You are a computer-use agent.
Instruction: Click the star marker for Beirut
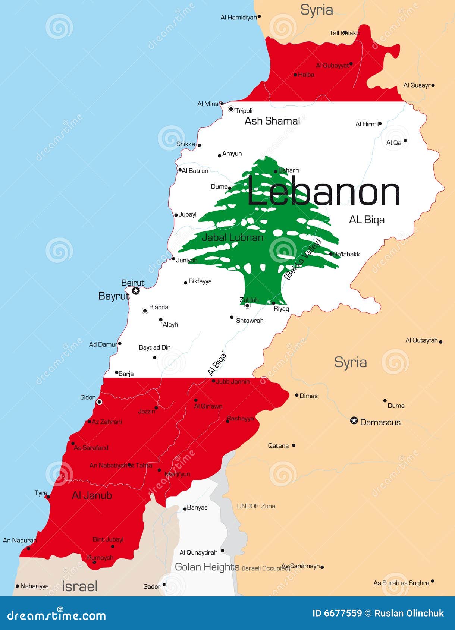(136, 290)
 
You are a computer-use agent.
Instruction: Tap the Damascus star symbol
(354, 421)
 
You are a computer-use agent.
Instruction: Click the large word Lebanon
(323, 192)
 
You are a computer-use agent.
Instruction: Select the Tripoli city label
(244, 111)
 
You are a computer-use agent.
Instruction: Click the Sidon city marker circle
(99, 402)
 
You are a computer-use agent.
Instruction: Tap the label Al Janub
(92, 495)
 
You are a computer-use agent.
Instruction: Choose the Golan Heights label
(207, 567)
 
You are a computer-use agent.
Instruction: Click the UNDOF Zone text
(256, 506)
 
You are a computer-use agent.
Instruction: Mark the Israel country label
(79, 586)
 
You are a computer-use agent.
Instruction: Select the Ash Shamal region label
(272, 121)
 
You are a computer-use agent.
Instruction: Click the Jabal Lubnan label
(232, 237)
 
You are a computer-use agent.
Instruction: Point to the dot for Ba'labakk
(331, 254)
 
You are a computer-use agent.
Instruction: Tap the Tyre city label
(41, 493)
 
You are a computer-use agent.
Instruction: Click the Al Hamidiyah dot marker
(259, 16)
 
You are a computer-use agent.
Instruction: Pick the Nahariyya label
(34, 586)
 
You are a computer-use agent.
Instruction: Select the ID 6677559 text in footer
(337, 613)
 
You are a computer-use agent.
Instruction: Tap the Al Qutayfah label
(421, 340)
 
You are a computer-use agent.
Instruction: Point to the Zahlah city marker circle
(247, 306)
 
